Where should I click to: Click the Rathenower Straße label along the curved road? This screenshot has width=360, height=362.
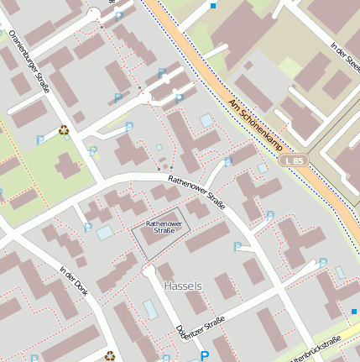[196, 191]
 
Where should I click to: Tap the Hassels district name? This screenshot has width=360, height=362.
[183, 286]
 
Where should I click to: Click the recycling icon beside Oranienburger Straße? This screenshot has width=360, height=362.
[64, 130]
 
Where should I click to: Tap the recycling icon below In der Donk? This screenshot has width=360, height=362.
[110, 355]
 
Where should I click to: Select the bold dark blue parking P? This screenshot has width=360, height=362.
[204, 356]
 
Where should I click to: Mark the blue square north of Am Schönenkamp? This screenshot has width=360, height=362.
[214, 5]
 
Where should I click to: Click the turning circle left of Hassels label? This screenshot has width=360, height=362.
[149, 270]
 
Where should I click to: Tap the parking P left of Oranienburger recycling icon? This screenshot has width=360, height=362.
[40, 139]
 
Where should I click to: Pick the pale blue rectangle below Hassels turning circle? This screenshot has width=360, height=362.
[150, 309]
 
